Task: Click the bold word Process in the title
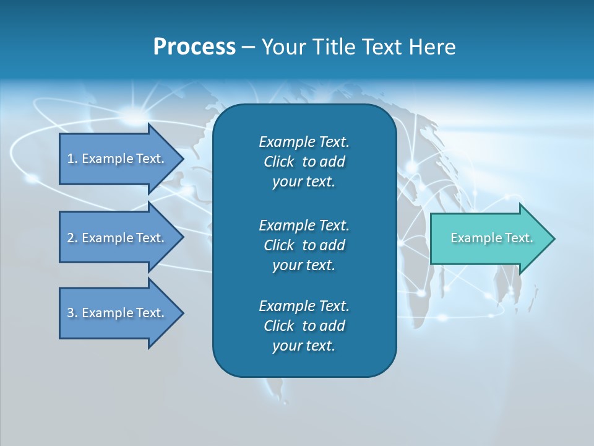tap(194, 47)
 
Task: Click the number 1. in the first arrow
tap(72, 159)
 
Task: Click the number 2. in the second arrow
tap(72, 238)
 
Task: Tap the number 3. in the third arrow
tap(72, 313)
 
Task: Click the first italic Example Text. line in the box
tap(304, 142)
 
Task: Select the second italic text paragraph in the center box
tap(304, 245)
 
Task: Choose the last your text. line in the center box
tap(304, 346)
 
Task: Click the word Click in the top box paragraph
tap(278, 162)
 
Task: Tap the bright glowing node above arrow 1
tap(131, 113)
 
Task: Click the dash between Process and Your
tap(248, 47)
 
